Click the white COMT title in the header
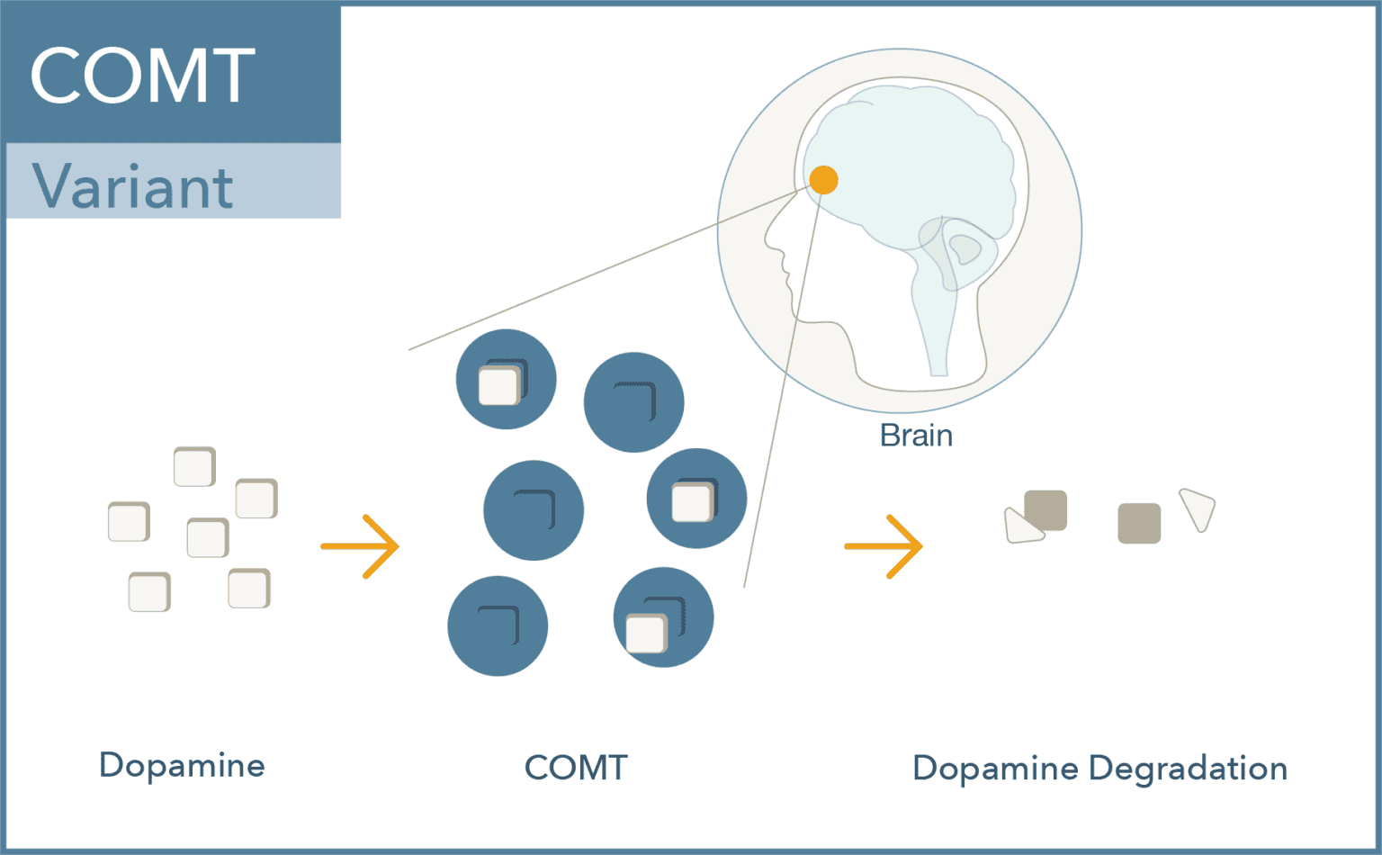coord(142,76)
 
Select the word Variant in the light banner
coord(133,187)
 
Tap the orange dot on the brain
coord(823,180)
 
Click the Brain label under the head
coord(916,436)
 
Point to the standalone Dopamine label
coord(182,765)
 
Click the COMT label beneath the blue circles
coord(576,768)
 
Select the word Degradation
coord(1188,769)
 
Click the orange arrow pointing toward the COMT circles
coord(361,546)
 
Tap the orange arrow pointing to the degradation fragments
coord(884,546)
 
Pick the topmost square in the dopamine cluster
coord(194,466)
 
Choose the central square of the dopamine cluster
coord(208,537)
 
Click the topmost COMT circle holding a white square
coord(506,379)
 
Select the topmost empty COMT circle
coord(633,401)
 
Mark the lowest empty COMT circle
coord(498,625)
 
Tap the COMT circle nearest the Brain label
coord(696,498)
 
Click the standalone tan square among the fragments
coord(1139,523)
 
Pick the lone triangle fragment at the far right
coord(1198,508)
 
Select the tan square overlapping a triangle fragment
coord(1046,509)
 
